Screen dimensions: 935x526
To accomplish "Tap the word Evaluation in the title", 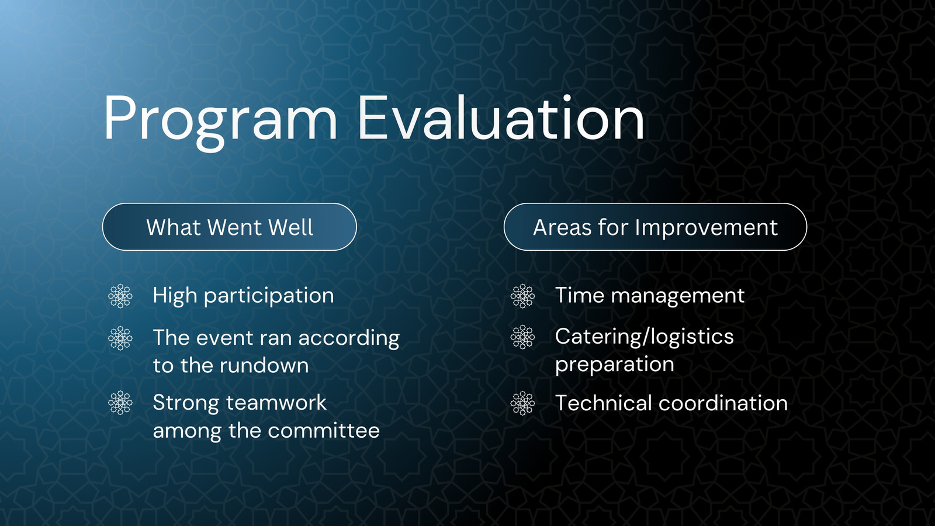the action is [x=501, y=117].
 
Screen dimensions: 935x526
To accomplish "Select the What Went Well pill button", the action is [x=230, y=227].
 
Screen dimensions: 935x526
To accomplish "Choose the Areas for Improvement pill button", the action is [x=655, y=227].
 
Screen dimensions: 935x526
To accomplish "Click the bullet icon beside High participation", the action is [x=120, y=296].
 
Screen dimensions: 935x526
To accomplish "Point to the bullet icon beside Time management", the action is [x=522, y=296].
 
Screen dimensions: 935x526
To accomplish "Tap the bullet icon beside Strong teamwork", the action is [x=120, y=403].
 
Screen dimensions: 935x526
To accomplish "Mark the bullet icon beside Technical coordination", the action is [x=522, y=403].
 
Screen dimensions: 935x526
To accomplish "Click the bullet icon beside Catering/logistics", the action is [x=522, y=337].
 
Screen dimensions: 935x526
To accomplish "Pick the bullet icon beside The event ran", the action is [x=120, y=338].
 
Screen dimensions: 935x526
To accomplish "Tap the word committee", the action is [x=324, y=431].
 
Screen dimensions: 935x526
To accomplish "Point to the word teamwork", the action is [x=276, y=403].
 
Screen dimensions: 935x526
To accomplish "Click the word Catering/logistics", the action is [x=644, y=337].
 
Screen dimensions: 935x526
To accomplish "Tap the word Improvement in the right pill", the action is [x=707, y=228].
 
